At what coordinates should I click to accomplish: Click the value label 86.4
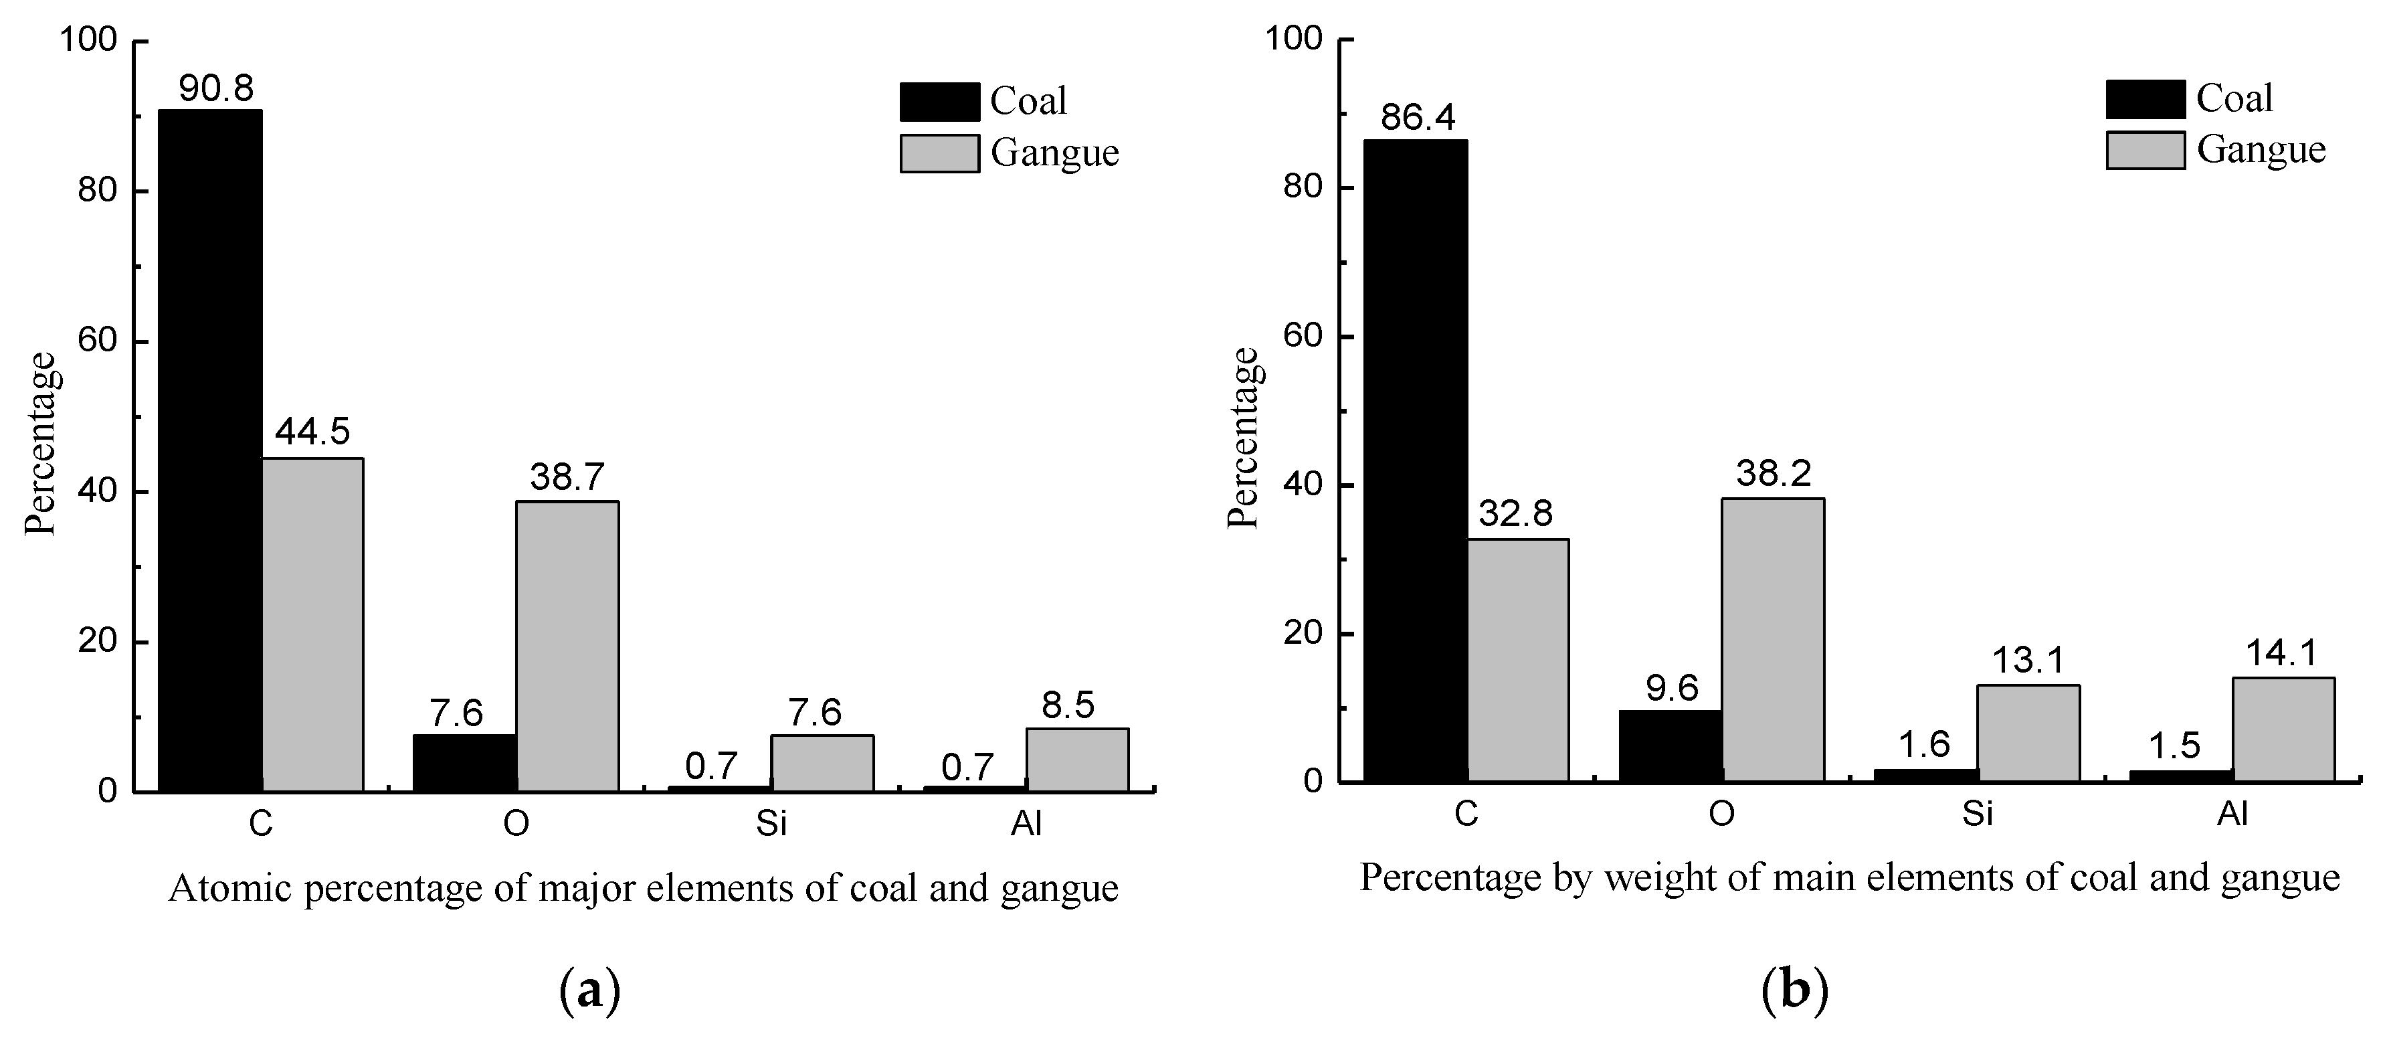tap(1418, 118)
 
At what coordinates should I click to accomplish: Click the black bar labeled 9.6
tap(1671, 746)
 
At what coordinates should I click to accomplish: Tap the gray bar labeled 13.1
tap(2028, 733)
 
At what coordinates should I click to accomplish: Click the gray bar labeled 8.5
tap(1077, 760)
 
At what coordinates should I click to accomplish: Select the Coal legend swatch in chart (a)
tap(939, 102)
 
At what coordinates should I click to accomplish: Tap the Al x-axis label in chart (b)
tap(2232, 814)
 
